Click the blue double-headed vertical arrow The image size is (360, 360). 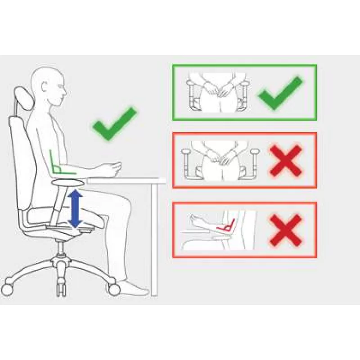pos(75,208)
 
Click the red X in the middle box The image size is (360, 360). pos(286,161)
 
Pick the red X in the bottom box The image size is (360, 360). pos(286,229)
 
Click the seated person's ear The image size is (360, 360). pos(49,85)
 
